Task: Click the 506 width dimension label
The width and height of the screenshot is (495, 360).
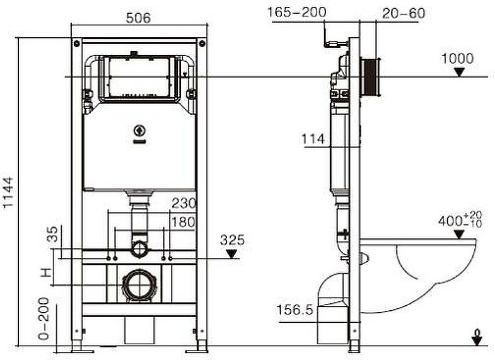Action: pos(138,18)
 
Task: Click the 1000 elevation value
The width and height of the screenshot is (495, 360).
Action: pos(457,59)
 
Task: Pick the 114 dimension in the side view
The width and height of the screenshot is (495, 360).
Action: pos(313,139)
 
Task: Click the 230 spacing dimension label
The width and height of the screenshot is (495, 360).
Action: pos(183,204)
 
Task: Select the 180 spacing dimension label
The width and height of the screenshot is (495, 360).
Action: pos(183,221)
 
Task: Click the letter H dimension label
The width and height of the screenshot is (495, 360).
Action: pos(45,272)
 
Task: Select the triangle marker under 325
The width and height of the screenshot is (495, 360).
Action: pos(233,253)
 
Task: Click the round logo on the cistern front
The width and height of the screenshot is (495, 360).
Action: pos(139,132)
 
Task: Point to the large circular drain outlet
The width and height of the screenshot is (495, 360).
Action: pos(138,285)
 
